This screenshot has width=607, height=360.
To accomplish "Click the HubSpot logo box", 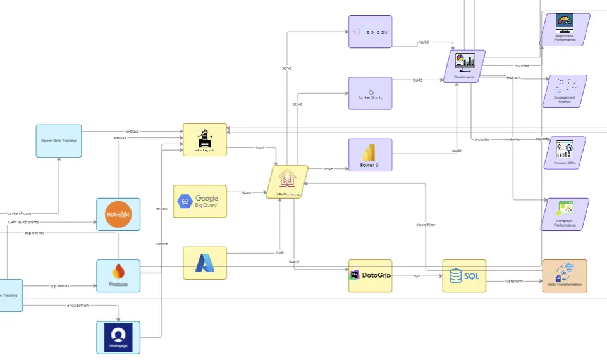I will point(118,214).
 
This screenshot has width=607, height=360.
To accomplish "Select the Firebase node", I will point(118,276).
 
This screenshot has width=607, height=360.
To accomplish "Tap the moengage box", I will point(118,337).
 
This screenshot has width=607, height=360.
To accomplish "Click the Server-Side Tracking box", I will point(59,140).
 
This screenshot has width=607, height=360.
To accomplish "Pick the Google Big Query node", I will point(200,201).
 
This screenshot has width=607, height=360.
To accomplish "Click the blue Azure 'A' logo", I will point(204,263).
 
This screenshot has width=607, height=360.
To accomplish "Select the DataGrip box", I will point(370,275).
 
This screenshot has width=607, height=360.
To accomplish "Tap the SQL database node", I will point(464,276).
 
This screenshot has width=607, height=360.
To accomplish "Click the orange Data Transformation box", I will point(565,276).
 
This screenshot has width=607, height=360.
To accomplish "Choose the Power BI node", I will point(370,155).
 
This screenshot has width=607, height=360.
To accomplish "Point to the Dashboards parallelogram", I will point(464,66).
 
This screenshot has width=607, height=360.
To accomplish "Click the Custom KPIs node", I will point(565,152).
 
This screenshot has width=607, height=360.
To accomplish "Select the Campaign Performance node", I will point(565,214).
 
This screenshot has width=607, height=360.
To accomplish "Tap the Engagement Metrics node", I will point(565,90).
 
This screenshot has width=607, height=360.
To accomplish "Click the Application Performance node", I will point(565,29).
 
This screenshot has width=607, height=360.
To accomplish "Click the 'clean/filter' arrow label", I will point(426,225).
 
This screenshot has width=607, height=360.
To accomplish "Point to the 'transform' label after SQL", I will point(514,281).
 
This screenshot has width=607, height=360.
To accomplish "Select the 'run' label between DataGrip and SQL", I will point(417,276).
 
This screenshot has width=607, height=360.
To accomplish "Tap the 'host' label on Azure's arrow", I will point(279,252).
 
